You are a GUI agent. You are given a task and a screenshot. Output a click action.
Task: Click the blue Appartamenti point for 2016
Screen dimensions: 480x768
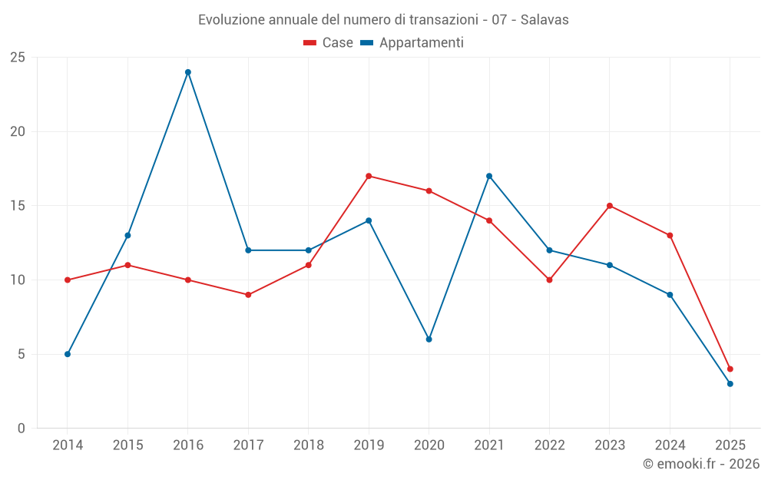188,72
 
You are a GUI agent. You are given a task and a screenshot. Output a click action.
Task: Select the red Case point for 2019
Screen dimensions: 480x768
369,176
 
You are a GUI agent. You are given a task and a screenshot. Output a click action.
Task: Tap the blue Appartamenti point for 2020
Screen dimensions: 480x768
429,339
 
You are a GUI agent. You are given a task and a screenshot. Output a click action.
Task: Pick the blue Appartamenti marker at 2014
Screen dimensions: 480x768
68,354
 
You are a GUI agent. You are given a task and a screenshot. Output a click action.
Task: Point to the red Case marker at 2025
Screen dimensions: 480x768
730,369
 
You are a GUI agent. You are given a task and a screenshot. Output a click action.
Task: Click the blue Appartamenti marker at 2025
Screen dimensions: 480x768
730,383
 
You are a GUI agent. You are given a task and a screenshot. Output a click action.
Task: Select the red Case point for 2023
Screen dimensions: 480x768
610,206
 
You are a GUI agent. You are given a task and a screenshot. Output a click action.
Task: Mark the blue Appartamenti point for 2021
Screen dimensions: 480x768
489,176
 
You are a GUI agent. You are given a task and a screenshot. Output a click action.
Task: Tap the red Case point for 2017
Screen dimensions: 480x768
248,295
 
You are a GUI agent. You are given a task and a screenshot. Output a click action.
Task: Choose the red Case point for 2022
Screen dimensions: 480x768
549,280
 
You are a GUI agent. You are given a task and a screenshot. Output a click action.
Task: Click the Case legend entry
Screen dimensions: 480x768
329,43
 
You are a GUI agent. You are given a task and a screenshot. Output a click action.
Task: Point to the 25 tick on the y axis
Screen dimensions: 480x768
18,58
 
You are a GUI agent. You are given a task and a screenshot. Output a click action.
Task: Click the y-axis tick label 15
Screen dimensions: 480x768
18,206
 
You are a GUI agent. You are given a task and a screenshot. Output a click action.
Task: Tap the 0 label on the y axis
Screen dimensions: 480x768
22,429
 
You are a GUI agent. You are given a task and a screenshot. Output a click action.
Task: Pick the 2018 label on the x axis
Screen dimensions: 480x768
308,445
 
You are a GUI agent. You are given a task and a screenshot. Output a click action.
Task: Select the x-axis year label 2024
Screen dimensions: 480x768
670,445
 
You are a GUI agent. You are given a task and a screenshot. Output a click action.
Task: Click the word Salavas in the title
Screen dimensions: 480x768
545,20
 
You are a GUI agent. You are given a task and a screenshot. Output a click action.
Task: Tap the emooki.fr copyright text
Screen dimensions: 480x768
701,464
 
